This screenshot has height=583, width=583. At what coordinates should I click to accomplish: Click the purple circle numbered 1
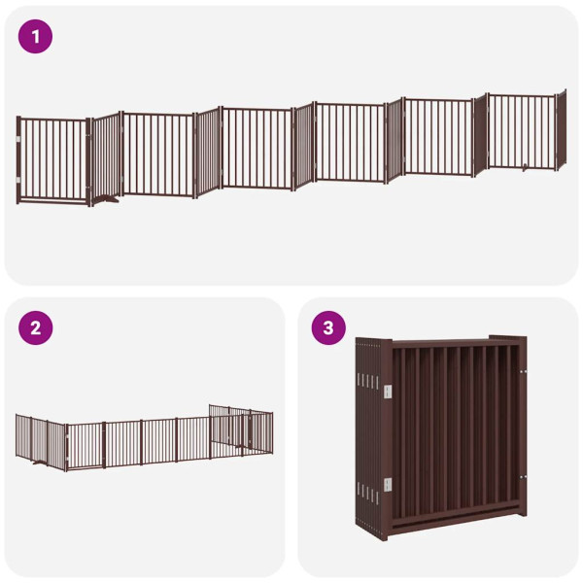pyautogui.click(x=35, y=37)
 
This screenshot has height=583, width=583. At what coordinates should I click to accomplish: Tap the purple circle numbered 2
pyautogui.click(x=35, y=327)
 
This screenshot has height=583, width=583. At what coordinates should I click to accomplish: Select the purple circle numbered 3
pyautogui.click(x=327, y=327)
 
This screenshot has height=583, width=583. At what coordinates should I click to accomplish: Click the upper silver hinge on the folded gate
pyautogui.click(x=388, y=390)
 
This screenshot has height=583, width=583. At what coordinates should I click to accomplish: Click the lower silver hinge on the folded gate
pyautogui.click(x=388, y=484)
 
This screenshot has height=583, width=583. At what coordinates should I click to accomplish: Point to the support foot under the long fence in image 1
pyautogui.click(x=108, y=202)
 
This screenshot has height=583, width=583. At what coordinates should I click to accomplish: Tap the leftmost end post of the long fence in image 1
pyautogui.click(x=17, y=160)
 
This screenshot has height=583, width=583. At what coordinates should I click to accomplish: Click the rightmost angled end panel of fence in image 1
pyautogui.click(x=560, y=131)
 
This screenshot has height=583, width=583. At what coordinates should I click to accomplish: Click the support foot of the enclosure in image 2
pyautogui.click(x=39, y=463)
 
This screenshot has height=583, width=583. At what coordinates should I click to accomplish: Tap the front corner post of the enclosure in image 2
pyautogui.click(x=66, y=447)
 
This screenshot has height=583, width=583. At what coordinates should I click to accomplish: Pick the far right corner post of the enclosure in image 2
pyautogui.click(x=271, y=432)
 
